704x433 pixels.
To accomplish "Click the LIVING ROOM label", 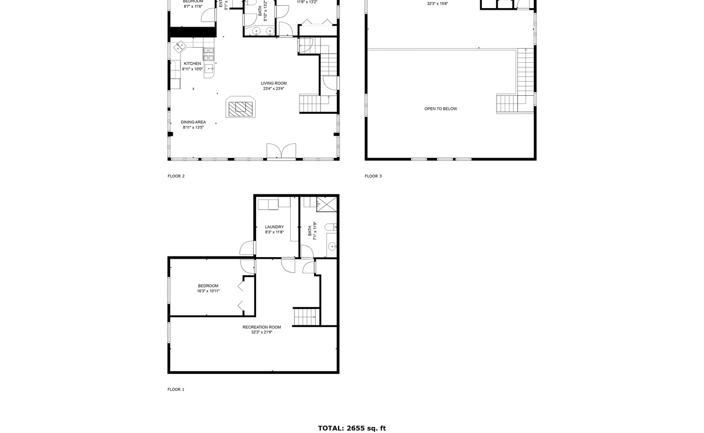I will pyautogui.click(x=273, y=83).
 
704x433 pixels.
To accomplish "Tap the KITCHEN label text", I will pyautogui.click(x=192, y=63).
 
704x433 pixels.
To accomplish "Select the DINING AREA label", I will pyautogui.click(x=193, y=122).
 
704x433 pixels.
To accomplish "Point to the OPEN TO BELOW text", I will pyautogui.click(x=440, y=109).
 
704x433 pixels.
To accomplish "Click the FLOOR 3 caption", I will pyautogui.click(x=373, y=176).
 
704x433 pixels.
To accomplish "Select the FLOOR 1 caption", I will pyautogui.click(x=176, y=389).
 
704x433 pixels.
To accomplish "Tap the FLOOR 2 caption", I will pyautogui.click(x=176, y=176).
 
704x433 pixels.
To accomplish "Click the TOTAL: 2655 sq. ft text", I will pyautogui.click(x=351, y=428).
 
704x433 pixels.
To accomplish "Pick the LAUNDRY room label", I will pyautogui.click(x=274, y=227).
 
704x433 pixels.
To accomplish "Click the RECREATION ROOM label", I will pyautogui.click(x=262, y=327).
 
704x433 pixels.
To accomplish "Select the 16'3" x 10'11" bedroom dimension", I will pyautogui.click(x=208, y=291).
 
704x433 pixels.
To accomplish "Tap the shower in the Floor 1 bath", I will pyautogui.click(x=327, y=204).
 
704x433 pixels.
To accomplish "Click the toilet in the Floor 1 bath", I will pyautogui.click(x=331, y=227).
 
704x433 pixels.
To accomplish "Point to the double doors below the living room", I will pyautogui.click(x=281, y=152).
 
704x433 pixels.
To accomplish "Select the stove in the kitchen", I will pyautogui.click(x=208, y=53).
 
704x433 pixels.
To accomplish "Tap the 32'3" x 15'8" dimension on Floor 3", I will pyautogui.click(x=438, y=4).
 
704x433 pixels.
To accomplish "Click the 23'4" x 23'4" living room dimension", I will pyautogui.click(x=273, y=89).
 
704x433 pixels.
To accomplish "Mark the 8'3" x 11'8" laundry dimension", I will pyautogui.click(x=274, y=232).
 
